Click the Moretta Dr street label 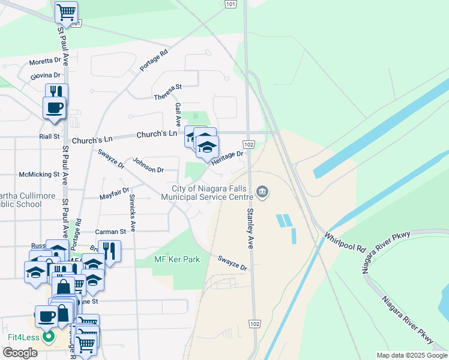pos(46,61)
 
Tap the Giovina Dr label pos(46,76)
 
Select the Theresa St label pos(167,93)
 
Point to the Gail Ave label pos(178,114)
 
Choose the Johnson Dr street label pos(148,165)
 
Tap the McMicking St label pos(39,175)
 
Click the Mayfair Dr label pos(115,194)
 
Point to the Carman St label pos(110,231)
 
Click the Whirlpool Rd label pos(345,241)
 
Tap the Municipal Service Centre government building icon pos(262,192)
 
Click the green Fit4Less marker pos(49,337)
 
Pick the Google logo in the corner pos(20,353)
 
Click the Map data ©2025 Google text pos(412,355)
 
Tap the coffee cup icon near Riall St pos(54,108)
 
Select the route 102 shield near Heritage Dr pos(249,145)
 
